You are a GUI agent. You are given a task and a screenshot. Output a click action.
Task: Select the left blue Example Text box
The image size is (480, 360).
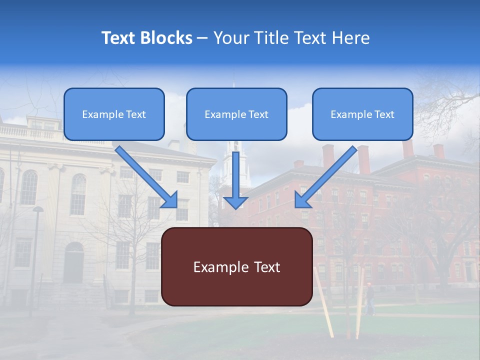pyautogui.click(x=114, y=114)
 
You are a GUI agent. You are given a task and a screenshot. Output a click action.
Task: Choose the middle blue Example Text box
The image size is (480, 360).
pyautogui.click(x=236, y=114)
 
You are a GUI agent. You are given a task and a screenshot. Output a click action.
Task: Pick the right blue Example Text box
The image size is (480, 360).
pyautogui.click(x=362, y=114)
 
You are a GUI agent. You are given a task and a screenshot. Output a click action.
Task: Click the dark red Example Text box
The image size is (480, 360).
pyautogui.click(x=237, y=267)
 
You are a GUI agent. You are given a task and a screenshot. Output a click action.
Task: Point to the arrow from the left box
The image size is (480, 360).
pyautogui.click(x=145, y=175)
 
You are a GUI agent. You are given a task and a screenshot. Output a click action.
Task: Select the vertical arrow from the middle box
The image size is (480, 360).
pyautogui.click(x=236, y=175)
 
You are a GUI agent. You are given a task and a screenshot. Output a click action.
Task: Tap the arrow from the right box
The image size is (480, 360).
pyautogui.click(x=327, y=175)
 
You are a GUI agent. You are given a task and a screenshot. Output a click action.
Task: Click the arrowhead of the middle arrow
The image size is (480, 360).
pyautogui.click(x=236, y=202)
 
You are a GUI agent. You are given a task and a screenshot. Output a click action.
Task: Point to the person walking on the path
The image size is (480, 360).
pyautogui.click(x=369, y=298)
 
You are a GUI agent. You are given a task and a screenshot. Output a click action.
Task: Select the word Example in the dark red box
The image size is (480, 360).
pyautogui.click(x=220, y=267)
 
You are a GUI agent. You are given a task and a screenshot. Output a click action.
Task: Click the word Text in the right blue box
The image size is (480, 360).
pyautogui.click(x=384, y=114)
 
